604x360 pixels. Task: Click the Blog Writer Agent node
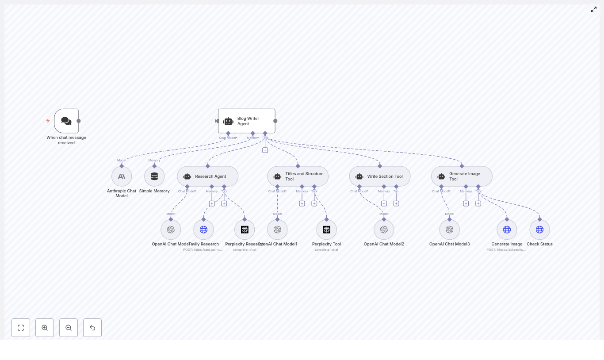[x=246, y=121]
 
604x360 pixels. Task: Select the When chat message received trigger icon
[x=66, y=121]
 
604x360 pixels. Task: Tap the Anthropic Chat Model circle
[x=122, y=176]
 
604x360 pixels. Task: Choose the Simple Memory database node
[x=154, y=176]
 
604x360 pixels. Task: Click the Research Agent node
[x=207, y=176]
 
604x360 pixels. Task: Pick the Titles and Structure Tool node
[x=298, y=176]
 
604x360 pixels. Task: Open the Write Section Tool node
[x=379, y=176]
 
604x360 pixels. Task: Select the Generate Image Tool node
[x=462, y=176]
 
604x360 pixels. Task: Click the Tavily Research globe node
[x=203, y=230]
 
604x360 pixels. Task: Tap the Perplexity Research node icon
[x=245, y=230]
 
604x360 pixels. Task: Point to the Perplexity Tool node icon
[x=326, y=230]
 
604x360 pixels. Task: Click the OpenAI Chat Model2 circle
[x=384, y=230]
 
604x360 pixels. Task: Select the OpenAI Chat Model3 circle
[x=449, y=230]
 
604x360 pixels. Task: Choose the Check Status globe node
[x=539, y=230]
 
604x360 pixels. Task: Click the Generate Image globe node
[x=507, y=230]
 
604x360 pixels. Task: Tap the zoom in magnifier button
[x=45, y=328]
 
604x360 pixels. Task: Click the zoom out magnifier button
[x=69, y=328]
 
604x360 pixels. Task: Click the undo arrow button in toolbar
[x=92, y=328]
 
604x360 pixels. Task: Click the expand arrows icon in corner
[x=594, y=9]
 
